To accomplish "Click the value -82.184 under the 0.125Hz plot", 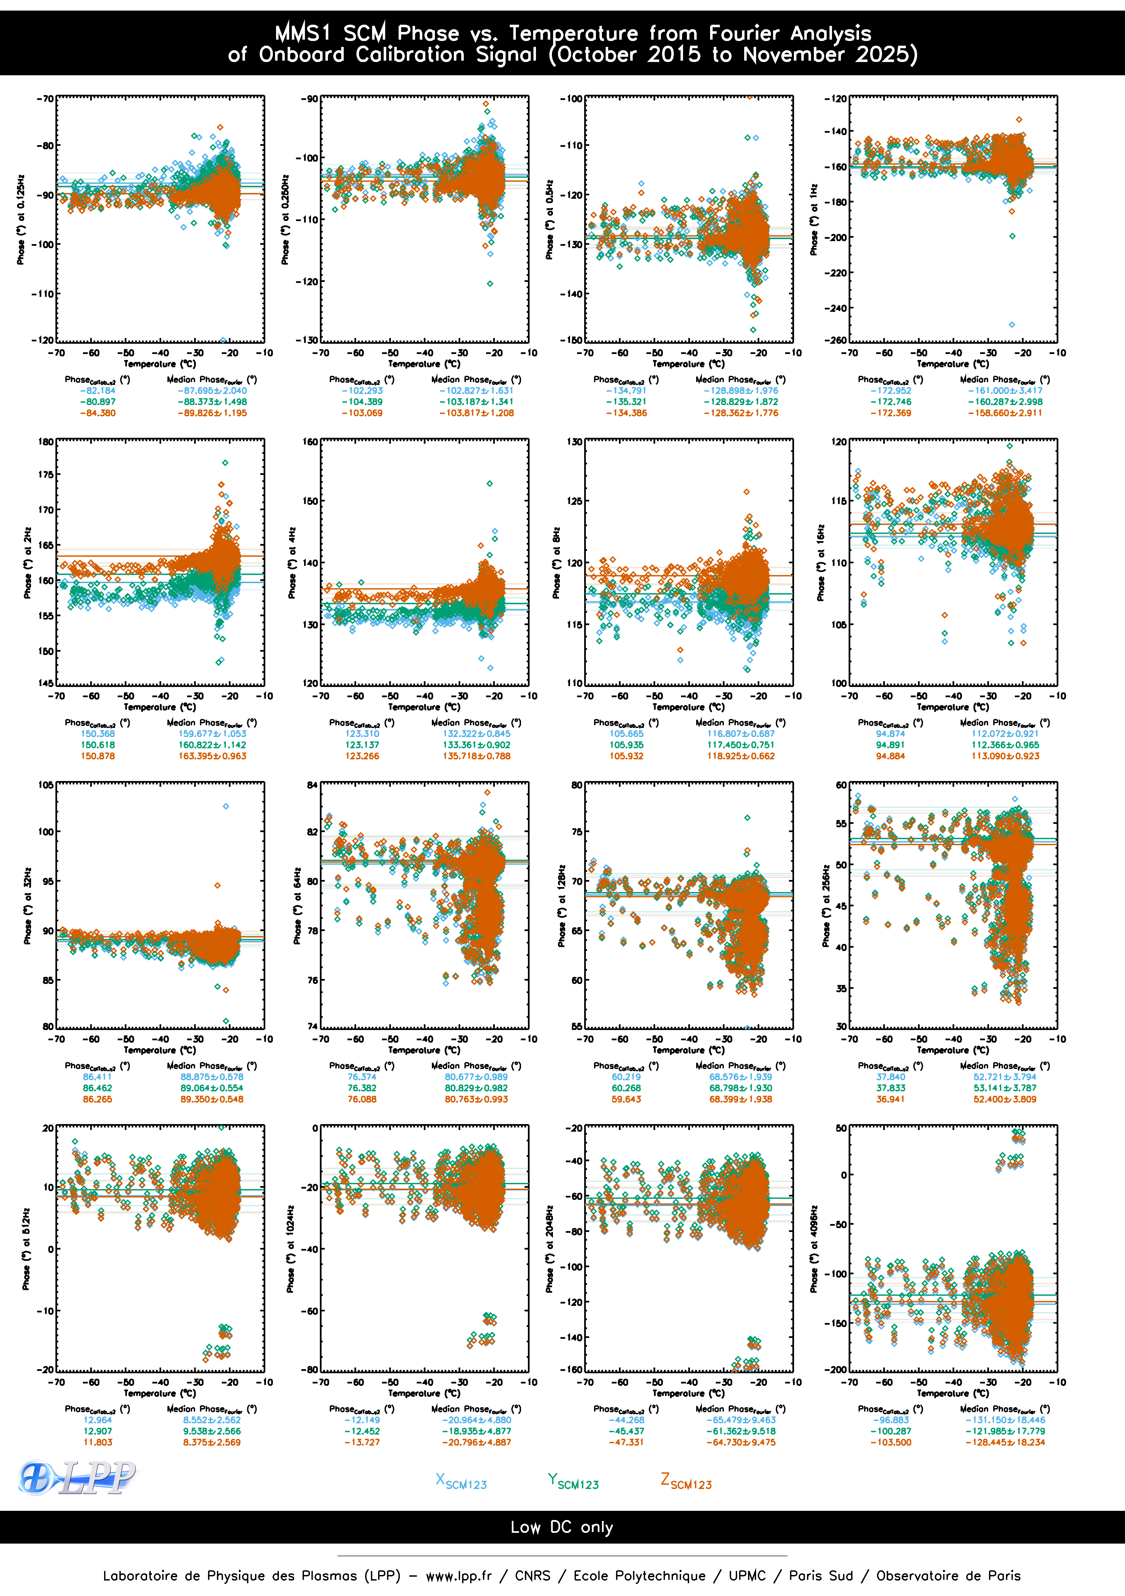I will click(97, 391).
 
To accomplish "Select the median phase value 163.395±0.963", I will click(212, 756).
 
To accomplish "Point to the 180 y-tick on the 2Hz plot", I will click(46, 441).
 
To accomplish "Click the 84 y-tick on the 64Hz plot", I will click(312, 785).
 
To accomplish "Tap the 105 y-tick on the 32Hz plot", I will click(46, 785).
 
